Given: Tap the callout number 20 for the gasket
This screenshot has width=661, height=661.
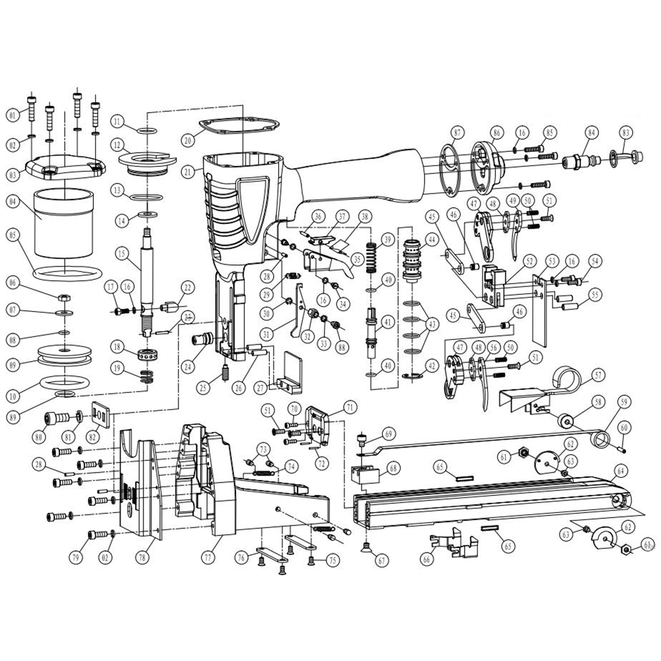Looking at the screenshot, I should point(188,140).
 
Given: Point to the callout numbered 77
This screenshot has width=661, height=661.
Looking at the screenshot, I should point(209,558).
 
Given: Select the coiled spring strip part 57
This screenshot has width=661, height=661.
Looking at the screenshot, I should point(565,380).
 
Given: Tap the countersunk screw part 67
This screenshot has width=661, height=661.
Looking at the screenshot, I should point(367,545).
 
